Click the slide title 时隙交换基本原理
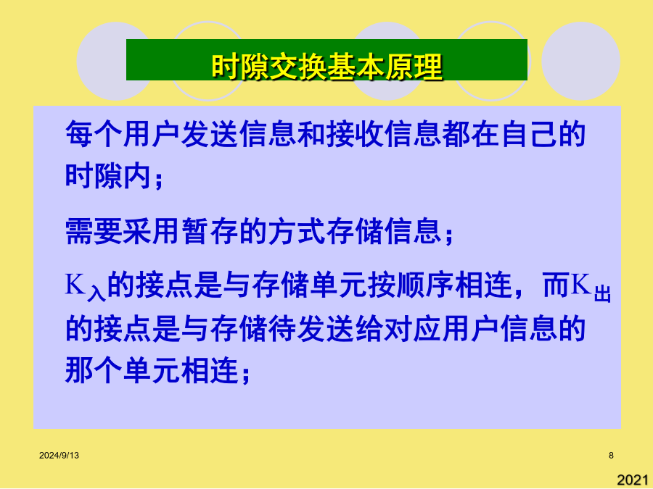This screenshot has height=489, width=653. tap(327, 67)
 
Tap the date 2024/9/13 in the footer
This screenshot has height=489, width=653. tap(59, 456)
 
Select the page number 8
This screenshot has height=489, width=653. tap(611, 456)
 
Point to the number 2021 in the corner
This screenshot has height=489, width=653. tap(633, 480)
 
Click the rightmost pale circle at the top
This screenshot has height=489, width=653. tap(580, 61)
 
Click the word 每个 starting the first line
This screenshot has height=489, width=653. tap(94, 134)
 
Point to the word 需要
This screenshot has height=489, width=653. tap(94, 231)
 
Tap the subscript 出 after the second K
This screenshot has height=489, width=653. tap(602, 293)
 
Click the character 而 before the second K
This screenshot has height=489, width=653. tap(557, 285)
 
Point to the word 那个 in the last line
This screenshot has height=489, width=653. tap(94, 369)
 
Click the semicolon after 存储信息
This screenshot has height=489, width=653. tap(448, 235)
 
